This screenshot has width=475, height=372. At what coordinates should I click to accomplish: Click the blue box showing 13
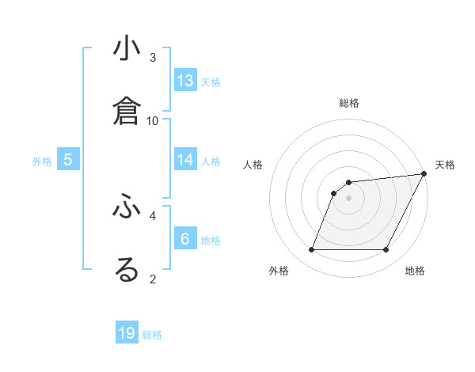pos(185,81)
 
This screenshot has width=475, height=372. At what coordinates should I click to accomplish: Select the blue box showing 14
pos(185,160)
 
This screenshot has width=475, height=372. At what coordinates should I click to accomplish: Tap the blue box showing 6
pos(185,239)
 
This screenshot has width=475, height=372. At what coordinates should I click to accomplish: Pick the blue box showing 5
pos(68,160)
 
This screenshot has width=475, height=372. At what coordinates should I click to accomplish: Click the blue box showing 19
pos(127,333)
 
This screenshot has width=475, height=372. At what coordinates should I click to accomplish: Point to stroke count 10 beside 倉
pos(153,120)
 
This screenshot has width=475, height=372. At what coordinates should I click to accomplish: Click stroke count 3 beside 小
pos(153,57)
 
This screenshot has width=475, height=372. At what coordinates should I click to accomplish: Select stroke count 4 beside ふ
pos(153,214)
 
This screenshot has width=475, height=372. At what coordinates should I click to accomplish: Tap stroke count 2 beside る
pos(153,278)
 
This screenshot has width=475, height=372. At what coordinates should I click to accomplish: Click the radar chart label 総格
pos(349,103)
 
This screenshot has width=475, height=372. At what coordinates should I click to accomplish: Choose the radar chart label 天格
pos(445,165)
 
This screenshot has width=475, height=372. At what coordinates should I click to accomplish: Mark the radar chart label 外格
pos(279,271)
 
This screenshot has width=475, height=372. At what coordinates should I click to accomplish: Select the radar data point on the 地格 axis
pos(386,250)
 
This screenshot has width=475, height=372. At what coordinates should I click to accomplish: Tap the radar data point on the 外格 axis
pos(311,250)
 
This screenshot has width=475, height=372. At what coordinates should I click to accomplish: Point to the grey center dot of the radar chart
pos(348,198)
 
